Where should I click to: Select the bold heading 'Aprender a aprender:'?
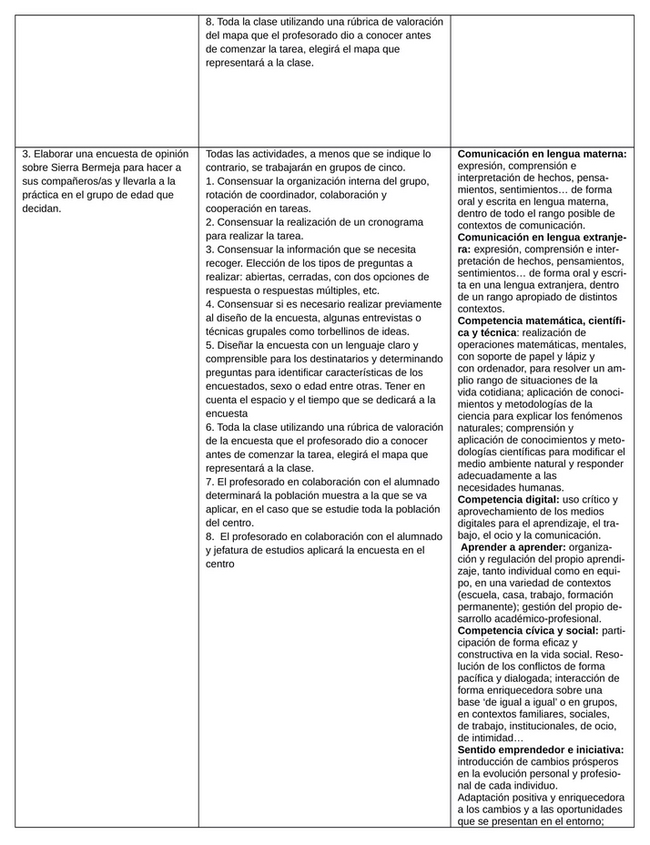point(513,547)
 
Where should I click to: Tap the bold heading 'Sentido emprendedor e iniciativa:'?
point(540,748)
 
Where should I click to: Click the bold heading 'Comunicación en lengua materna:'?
point(542,154)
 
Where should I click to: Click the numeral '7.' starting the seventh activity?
point(210,481)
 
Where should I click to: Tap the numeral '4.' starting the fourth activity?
point(210,303)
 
